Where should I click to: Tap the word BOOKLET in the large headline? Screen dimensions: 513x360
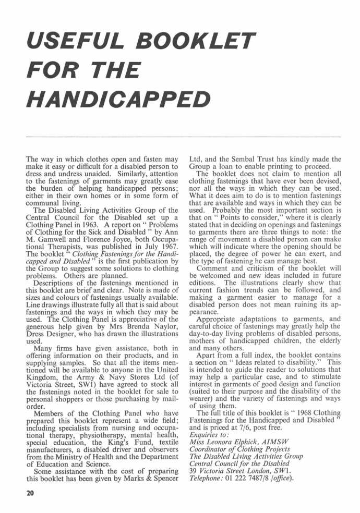pos(196,39)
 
